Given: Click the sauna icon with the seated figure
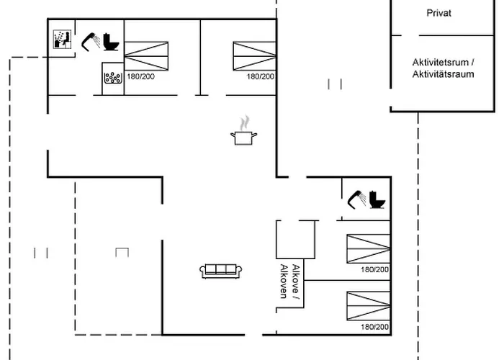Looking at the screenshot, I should tap(61, 40).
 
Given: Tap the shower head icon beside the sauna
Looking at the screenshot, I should tap(89, 40).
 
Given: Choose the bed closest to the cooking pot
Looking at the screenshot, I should tap(254, 56).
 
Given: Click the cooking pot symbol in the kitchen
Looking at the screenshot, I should tap(244, 137).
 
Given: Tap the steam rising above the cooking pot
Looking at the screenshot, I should tap(246, 120).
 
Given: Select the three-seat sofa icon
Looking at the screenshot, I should tap(221, 270).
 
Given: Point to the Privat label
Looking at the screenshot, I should tap(438, 13).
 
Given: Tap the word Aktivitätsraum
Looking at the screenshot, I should tap(444, 73).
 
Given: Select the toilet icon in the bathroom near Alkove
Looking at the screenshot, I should tap(377, 198).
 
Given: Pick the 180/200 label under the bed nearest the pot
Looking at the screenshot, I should tap(260, 76).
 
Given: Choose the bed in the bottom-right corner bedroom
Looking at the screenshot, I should tap(368, 306).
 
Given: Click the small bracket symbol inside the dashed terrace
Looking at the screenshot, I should tap(122, 251).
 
